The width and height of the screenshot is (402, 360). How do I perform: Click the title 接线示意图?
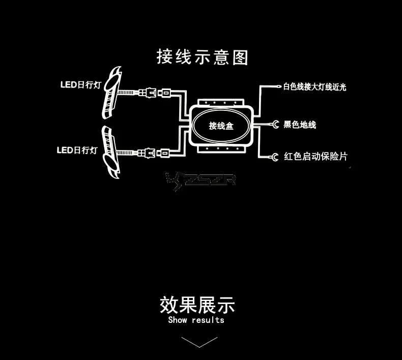coord(203,56)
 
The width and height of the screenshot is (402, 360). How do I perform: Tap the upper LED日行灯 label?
coord(81,85)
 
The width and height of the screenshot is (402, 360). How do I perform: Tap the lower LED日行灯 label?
coord(77,150)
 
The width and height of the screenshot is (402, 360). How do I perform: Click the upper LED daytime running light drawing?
coord(112,93)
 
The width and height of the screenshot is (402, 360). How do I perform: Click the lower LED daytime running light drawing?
coord(111,152)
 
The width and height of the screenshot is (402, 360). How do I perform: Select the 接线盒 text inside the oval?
coord(221,126)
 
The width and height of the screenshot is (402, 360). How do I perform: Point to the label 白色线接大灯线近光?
coord(314,87)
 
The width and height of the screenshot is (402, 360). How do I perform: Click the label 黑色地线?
coord(299,125)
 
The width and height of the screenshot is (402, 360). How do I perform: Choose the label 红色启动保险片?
coord(315,156)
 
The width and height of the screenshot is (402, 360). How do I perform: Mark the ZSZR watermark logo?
coord(200,181)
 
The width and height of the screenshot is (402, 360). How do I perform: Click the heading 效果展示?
coord(197,305)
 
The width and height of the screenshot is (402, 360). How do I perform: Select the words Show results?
coord(196,320)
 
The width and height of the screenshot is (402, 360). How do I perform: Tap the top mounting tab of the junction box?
coord(221,103)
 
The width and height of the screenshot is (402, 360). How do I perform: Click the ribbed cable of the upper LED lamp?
coord(126,92)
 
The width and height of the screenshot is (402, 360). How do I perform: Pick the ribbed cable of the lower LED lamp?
coord(125,153)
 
